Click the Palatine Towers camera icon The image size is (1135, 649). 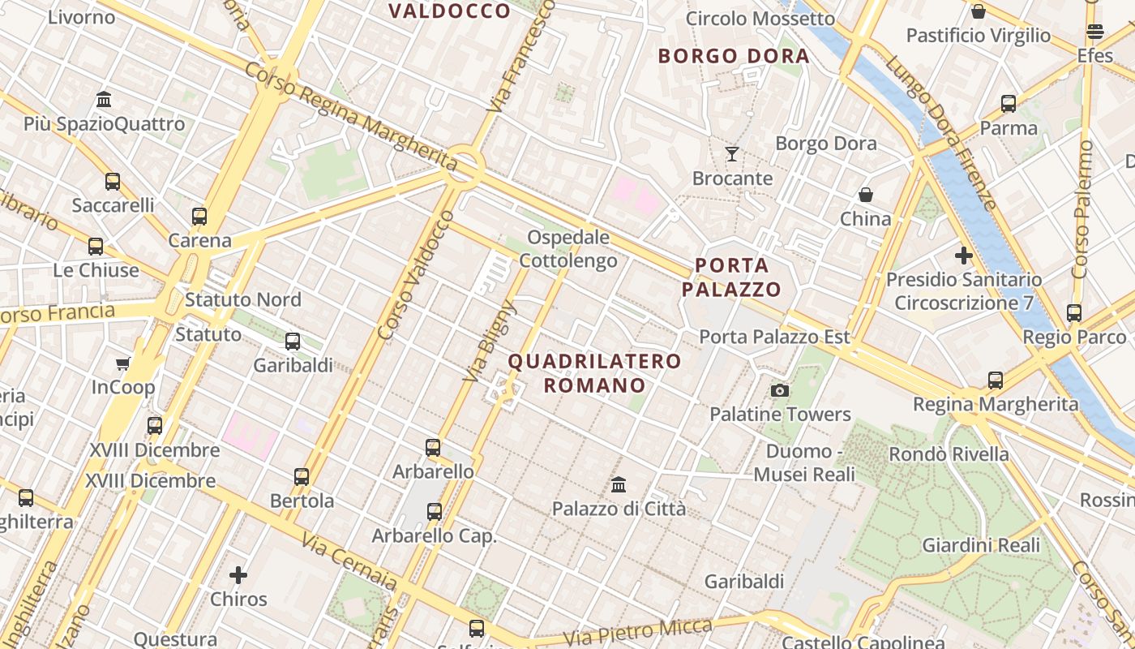(x=780, y=391)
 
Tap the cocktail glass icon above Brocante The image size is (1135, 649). (x=732, y=153)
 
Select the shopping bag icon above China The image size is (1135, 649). (x=866, y=195)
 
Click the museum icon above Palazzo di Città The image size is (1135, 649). (x=619, y=485)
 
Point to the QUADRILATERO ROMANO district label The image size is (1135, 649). (x=594, y=373)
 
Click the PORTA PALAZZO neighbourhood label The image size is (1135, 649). (x=731, y=277)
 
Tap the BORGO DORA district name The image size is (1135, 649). (x=734, y=56)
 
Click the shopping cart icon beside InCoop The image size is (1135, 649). (x=123, y=363)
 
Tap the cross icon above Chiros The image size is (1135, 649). (x=238, y=575)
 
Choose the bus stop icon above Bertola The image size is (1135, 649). (x=302, y=477)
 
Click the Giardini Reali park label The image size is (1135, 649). (x=981, y=545)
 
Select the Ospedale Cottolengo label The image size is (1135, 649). (x=567, y=249)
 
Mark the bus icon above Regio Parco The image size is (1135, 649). (x=1074, y=313)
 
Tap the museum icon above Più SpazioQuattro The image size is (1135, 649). (x=104, y=100)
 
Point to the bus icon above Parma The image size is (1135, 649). (x=1009, y=104)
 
